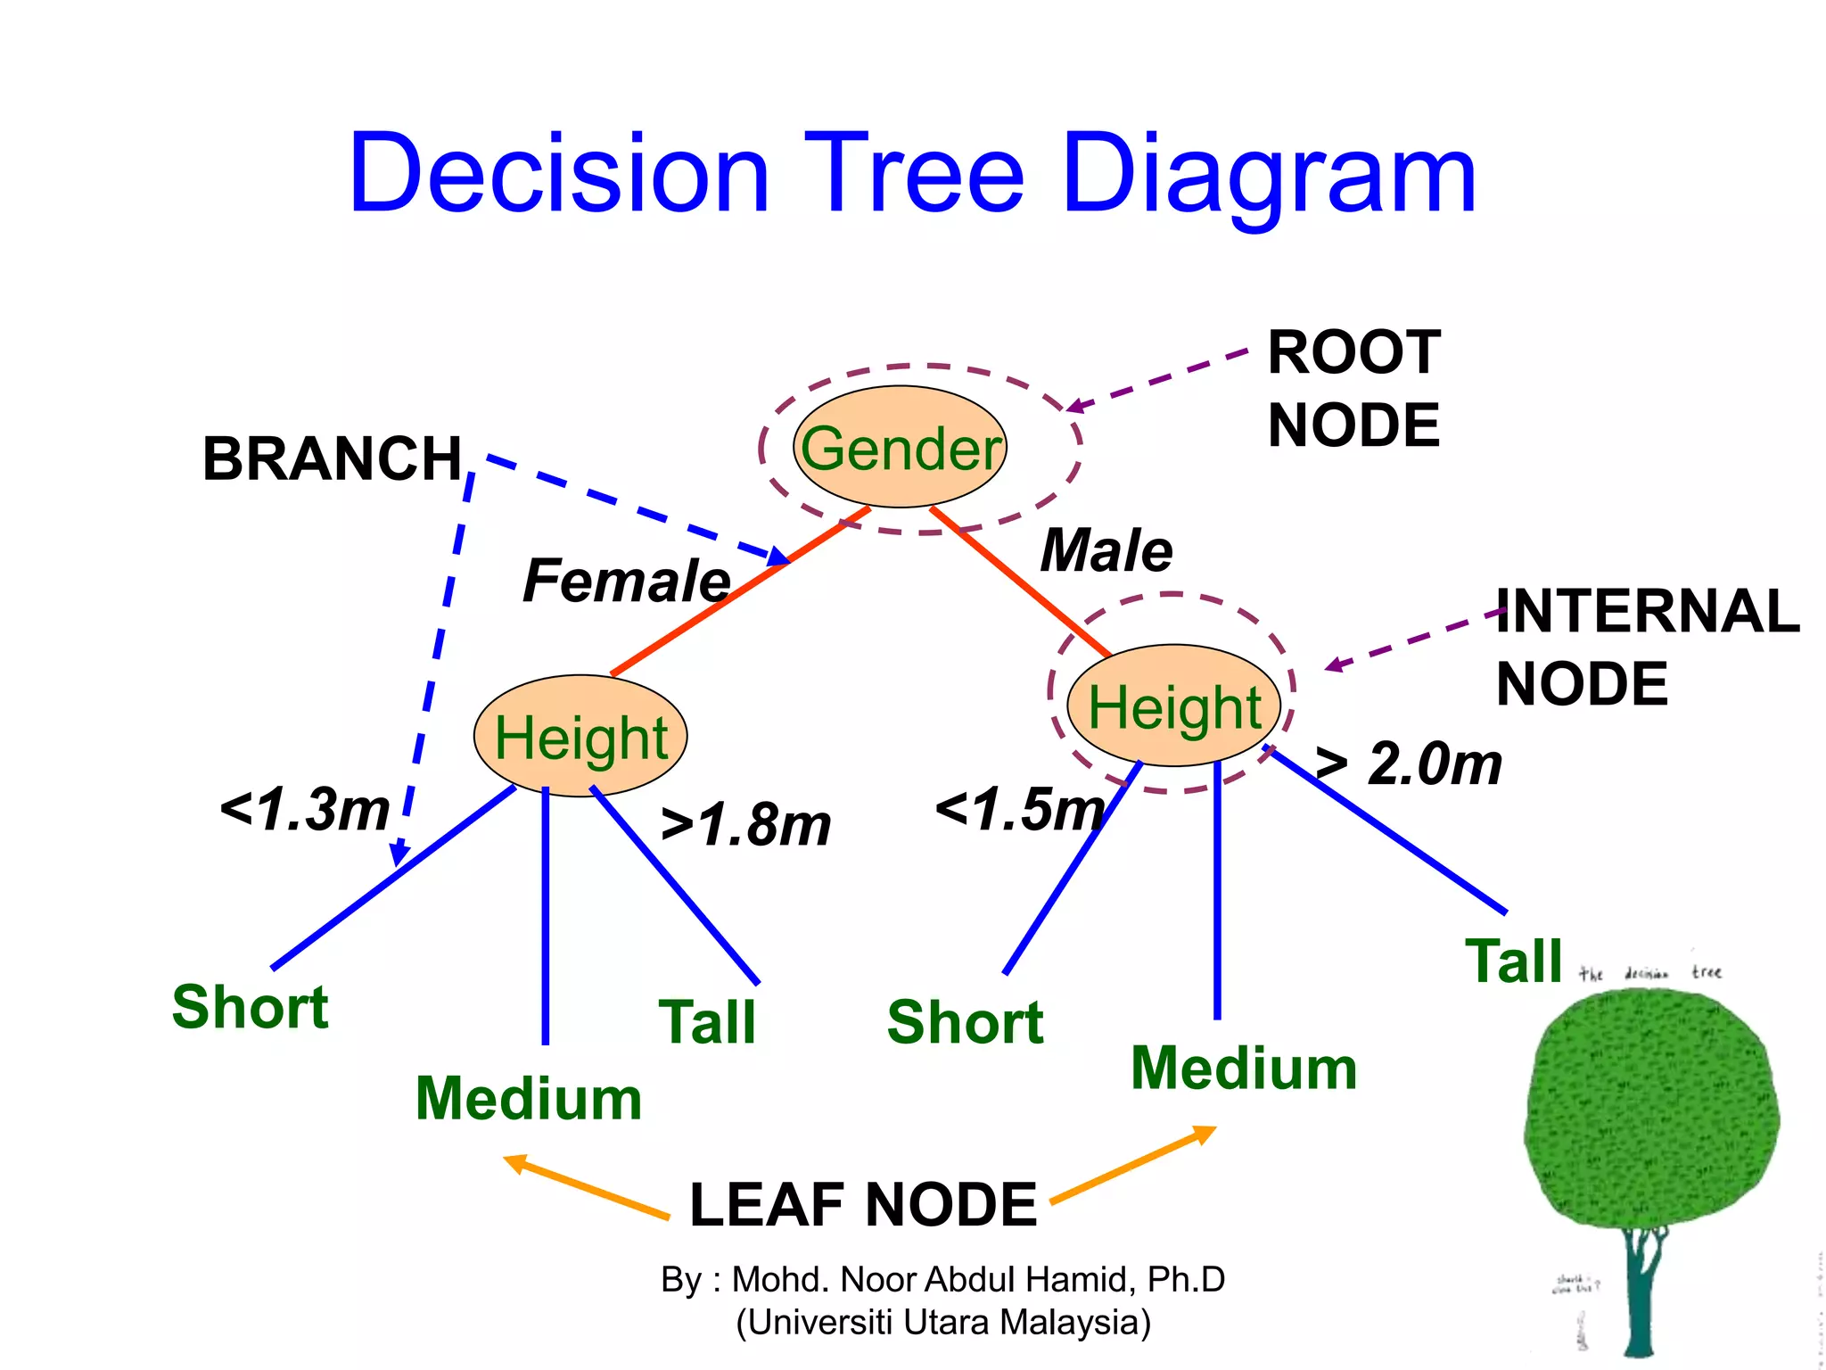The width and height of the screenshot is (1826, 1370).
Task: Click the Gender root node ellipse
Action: [900, 447]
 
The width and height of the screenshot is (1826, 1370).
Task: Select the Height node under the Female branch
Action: [580, 737]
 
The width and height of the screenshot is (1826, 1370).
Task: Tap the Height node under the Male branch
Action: [1173, 706]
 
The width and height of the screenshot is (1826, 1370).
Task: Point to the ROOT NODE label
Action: [1353, 389]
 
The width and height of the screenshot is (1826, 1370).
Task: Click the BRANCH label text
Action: [333, 459]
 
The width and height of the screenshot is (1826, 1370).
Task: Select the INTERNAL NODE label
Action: [1646, 648]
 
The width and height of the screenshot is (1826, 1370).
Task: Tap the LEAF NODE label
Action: [863, 1205]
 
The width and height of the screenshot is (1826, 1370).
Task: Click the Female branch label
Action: [627, 581]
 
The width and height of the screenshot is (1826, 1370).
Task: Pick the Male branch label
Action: [1106, 550]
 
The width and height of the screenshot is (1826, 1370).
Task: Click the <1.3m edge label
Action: [305, 810]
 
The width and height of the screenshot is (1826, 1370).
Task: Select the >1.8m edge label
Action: [745, 825]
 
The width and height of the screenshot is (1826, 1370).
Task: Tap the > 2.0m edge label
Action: [1409, 764]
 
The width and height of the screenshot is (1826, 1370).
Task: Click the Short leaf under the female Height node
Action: [251, 1007]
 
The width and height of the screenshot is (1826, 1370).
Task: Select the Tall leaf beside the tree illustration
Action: [1514, 961]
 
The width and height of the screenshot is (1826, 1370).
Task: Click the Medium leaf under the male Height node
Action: [1244, 1069]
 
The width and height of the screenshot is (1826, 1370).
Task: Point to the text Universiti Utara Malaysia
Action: [943, 1322]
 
